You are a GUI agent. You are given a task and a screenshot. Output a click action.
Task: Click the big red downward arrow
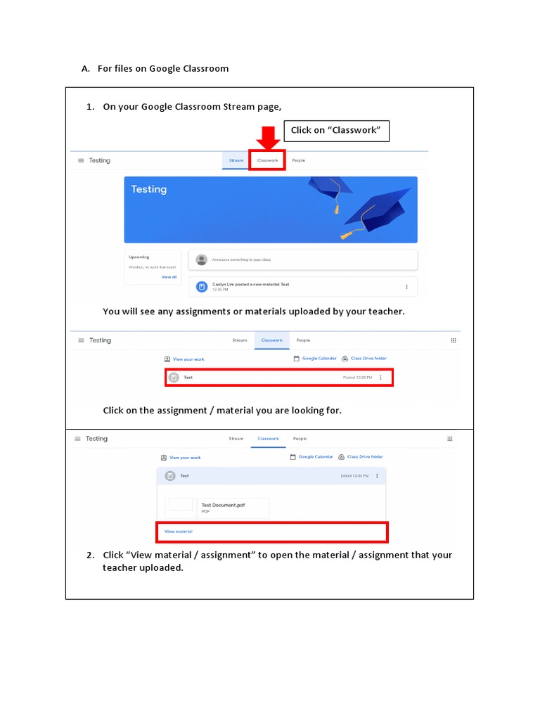pyautogui.click(x=267, y=136)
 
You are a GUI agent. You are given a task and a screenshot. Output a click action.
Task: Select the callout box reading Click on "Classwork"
pyautogui.click(x=335, y=130)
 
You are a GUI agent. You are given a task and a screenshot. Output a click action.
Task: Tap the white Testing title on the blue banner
pyautogui.click(x=149, y=189)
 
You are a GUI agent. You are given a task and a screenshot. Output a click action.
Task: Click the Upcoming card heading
pyautogui.click(x=139, y=257)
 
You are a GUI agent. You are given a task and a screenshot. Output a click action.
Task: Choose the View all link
pyautogui.click(x=169, y=277)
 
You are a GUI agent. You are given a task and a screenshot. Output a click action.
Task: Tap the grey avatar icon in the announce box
pyautogui.click(x=202, y=259)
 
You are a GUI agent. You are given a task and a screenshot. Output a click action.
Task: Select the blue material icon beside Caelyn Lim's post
pyautogui.click(x=202, y=287)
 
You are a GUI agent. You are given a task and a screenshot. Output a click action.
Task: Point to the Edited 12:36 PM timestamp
pyautogui.click(x=355, y=476)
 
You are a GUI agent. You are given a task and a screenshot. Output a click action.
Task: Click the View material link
pyautogui.click(x=179, y=532)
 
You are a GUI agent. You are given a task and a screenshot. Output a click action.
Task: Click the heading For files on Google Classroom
pyautogui.click(x=163, y=69)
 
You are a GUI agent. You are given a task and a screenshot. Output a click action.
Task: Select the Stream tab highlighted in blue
pyautogui.click(x=236, y=160)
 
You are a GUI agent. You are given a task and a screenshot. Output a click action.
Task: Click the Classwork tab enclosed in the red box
pyautogui.click(x=268, y=160)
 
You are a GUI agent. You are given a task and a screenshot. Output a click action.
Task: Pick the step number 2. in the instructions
pyautogui.click(x=91, y=555)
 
